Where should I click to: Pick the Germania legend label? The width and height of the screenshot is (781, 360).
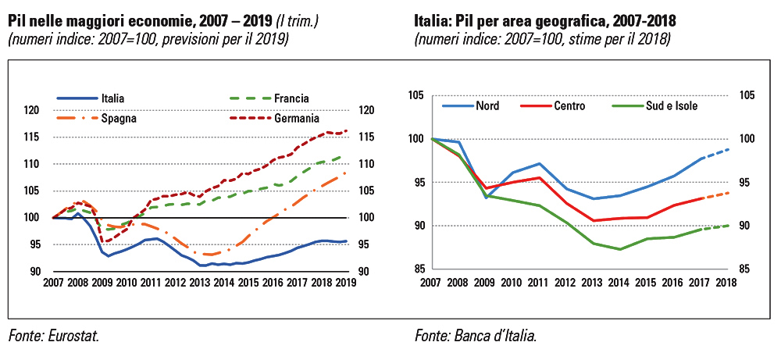pos(296,119)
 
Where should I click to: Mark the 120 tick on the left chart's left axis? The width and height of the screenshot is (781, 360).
pos(34,111)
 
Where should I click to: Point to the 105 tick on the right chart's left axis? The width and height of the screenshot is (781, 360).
pos(415,95)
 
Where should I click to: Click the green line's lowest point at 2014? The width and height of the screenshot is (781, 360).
pos(619,249)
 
